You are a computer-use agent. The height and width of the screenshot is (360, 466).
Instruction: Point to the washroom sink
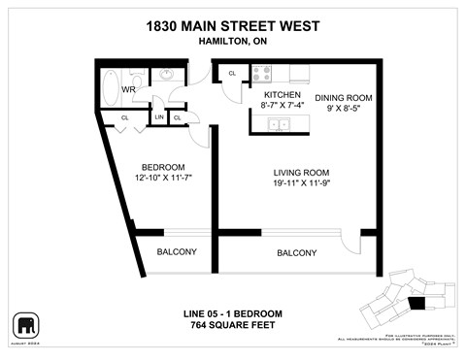coord(166,73)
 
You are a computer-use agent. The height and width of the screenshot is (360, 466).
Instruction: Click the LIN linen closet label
coord(158,117)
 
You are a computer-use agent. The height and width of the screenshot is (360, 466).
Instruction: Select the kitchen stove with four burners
coord(262,72)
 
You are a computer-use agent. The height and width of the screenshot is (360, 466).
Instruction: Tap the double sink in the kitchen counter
coord(279,123)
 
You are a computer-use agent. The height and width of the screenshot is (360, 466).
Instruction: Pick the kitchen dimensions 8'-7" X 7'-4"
coord(283,104)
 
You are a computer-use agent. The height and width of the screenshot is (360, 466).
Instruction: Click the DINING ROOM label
coord(344,98)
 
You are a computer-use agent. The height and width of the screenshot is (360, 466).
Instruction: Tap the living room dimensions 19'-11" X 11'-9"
coord(303,184)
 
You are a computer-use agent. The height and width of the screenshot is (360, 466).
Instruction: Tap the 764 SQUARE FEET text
coord(233,325)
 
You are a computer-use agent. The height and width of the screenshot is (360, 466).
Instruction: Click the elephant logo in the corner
coord(25,324)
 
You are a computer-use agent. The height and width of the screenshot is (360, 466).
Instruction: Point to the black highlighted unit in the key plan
coord(416,304)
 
